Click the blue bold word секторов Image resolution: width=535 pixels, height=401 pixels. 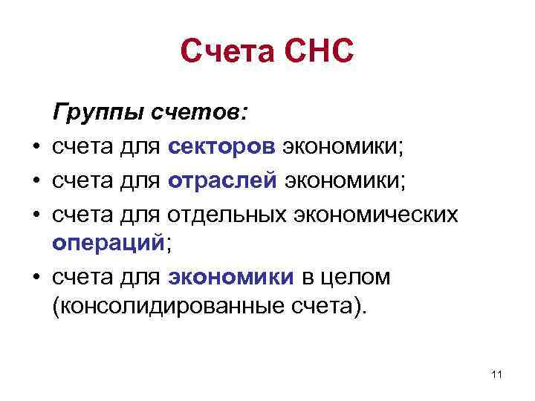(221, 147)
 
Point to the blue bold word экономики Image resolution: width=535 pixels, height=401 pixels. (231, 277)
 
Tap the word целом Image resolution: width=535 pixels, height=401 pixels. (355, 277)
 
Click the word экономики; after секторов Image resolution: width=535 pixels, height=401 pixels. (342, 147)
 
